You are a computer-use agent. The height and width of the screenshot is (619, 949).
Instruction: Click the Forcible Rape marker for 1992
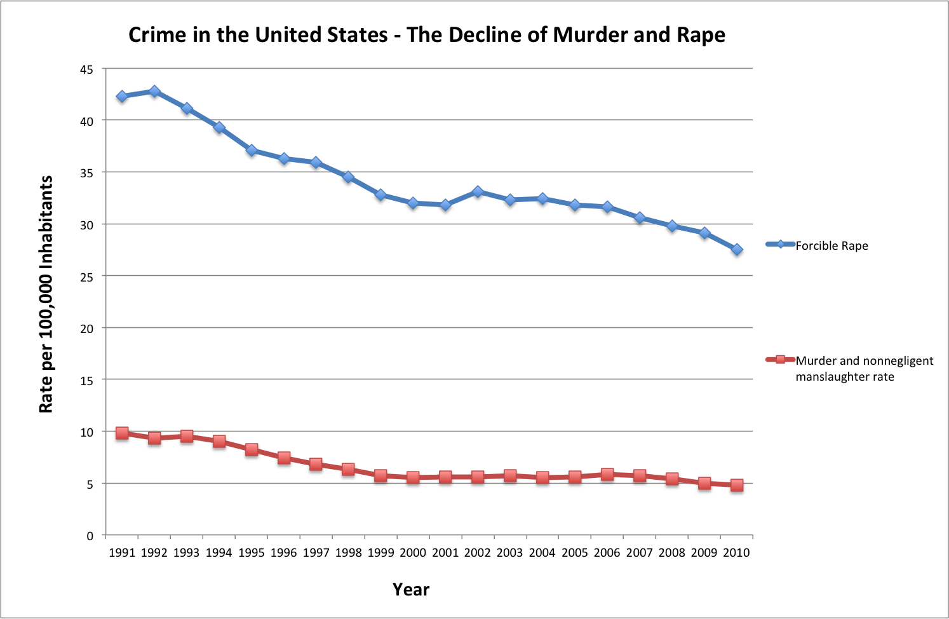pyautogui.click(x=154, y=92)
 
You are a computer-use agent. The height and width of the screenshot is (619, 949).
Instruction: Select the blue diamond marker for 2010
pyautogui.click(x=737, y=250)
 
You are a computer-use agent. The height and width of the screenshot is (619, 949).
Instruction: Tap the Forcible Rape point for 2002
pyautogui.click(x=478, y=191)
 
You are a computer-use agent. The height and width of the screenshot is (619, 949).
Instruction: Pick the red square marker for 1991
pyautogui.click(x=122, y=433)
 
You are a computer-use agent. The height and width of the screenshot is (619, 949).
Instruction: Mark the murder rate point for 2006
pyautogui.click(x=607, y=474)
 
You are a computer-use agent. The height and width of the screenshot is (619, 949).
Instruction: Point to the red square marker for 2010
pyautogui.click(x=737, y=485)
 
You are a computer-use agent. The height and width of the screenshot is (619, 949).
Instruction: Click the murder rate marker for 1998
pyautogui.click(x=348, y=470)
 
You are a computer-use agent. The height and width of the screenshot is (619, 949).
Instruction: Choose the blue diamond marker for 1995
pyautogui.click(x=252, y=151)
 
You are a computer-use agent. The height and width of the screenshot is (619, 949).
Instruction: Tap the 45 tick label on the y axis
pyautogui.click(x=86, y=69)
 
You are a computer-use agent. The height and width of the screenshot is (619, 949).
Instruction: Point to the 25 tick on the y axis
pyautogui.click(x=86, y=276)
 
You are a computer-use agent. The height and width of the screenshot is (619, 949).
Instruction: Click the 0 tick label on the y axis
pyautogui.click(x=90, y=536)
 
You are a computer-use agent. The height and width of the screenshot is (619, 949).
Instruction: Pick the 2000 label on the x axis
pyautogui.click(x=413, y=553)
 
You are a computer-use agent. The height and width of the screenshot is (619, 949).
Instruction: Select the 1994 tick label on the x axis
pyautogui.click(x=219, y=553)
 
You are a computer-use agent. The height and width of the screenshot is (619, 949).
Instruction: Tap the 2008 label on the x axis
pyautogui.click(x=672, y=553)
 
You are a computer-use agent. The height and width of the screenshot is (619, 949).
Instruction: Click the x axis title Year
pyautogui.click(x=411, y=590)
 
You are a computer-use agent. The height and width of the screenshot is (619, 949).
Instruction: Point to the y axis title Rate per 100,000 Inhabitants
pyautogui.click(x=46, y=294)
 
